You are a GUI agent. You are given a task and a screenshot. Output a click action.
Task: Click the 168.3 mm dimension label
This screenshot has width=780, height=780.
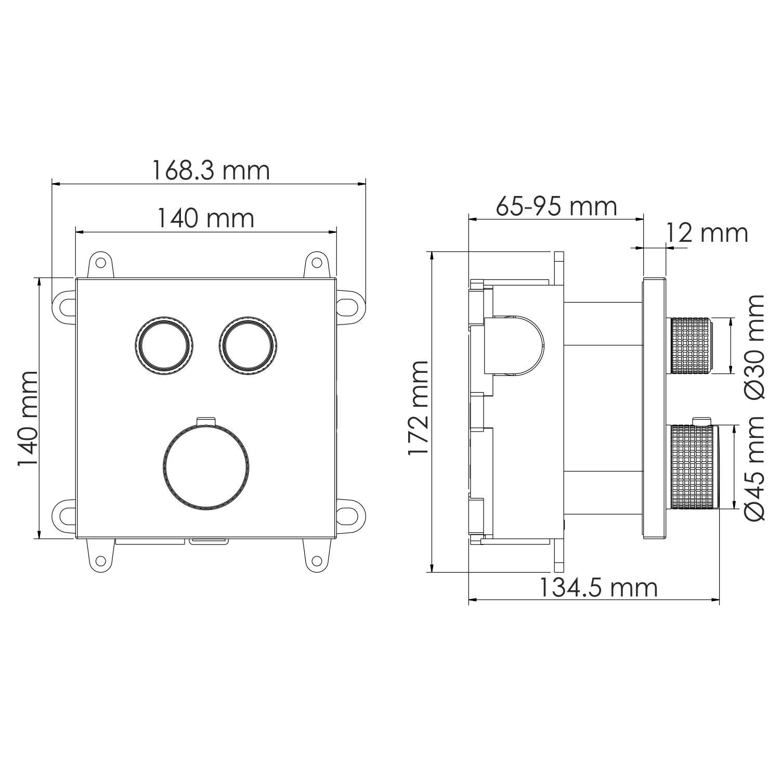pos(211,171)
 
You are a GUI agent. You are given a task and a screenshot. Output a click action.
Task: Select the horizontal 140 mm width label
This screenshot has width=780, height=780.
pos(206,218)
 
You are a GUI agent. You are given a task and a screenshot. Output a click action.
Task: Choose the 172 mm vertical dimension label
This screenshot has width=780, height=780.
pos(419,408)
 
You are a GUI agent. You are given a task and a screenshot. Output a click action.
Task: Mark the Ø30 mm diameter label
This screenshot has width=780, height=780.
pos(755,347)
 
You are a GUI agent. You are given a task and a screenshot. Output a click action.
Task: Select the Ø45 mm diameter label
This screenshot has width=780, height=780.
pos(755,468)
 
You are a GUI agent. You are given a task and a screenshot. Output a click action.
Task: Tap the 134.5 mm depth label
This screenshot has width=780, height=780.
pos(597,588)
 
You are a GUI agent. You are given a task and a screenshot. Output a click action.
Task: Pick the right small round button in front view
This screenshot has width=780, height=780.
pos(248,344)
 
